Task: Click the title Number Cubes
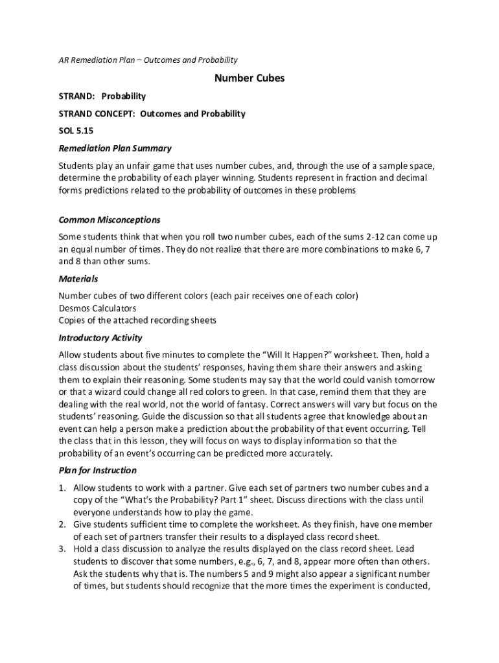click(250, 78)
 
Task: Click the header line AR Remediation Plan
click(148, 60)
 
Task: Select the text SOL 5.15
click(73, 131)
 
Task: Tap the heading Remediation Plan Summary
click(115, 148)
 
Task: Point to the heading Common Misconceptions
click(109, 219)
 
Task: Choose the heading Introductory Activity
click(100, 338)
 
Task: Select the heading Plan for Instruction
click(97, 470)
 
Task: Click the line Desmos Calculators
click(97, 308)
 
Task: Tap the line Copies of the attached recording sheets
click(137, 320)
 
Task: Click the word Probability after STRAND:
click(123, 96)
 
